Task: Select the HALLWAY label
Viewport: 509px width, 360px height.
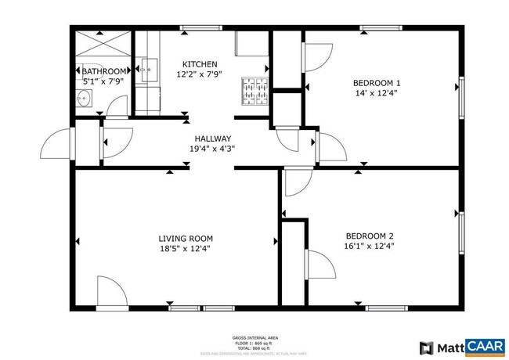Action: [213, 138]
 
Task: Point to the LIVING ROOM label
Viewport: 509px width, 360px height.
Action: [186, 238]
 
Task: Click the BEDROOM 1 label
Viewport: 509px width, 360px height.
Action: [377, 83]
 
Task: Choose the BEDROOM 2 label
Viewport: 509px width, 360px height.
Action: [370, 236]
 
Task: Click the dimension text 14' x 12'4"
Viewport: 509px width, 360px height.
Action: [377, 93]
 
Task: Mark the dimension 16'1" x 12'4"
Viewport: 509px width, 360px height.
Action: [370, 246]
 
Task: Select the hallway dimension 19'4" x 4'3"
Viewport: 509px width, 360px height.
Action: [213, 148]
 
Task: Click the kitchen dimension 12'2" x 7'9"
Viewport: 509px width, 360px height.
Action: [200, 74]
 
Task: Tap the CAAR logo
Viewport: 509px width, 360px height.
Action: [486, 347]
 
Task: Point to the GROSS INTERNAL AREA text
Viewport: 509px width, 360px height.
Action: [256, 337]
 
